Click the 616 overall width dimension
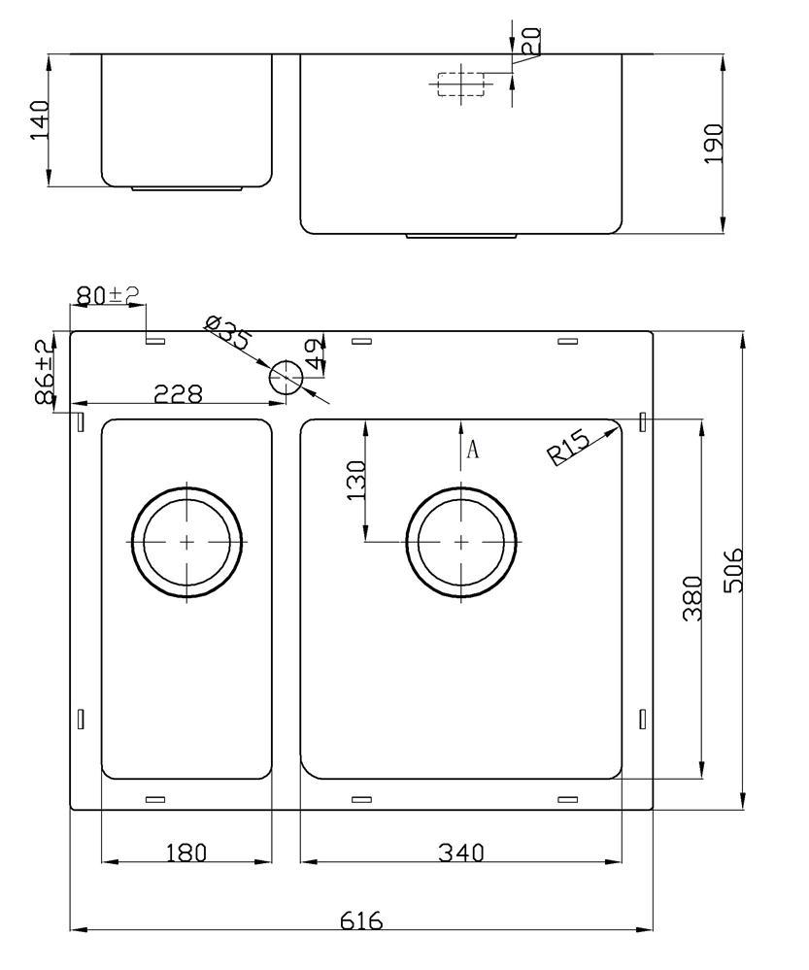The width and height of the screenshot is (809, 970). pyautogui.click(x=360, y=919)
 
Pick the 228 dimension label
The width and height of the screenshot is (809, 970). pyautogui.click(x=179, y=393)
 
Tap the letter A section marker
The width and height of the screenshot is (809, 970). pyautogui.click(x=473, y=449)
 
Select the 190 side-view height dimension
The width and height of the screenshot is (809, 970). pyautogui.click(x=714, y=144)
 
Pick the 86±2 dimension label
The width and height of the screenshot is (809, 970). pyautogui.click(x=44, y=372)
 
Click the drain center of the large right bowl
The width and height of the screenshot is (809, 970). pyautogui.click(x=460, y=540)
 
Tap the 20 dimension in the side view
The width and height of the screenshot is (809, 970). pyautogui.click(x=530, y=40)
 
